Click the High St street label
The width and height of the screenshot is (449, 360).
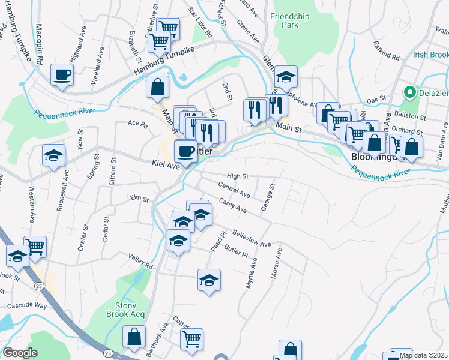coord(238,176)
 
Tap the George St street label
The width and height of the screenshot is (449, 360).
coord(267,197)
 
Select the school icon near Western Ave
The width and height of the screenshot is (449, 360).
coord(53,155)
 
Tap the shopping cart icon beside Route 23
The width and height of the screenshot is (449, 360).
coord(35,245)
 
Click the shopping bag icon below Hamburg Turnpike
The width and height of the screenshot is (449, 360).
coord(157,86)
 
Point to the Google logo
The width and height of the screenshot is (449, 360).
coord(20,353)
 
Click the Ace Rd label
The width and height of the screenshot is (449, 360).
coord(137,124)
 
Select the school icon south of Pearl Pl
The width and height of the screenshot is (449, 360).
coord(209,280)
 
